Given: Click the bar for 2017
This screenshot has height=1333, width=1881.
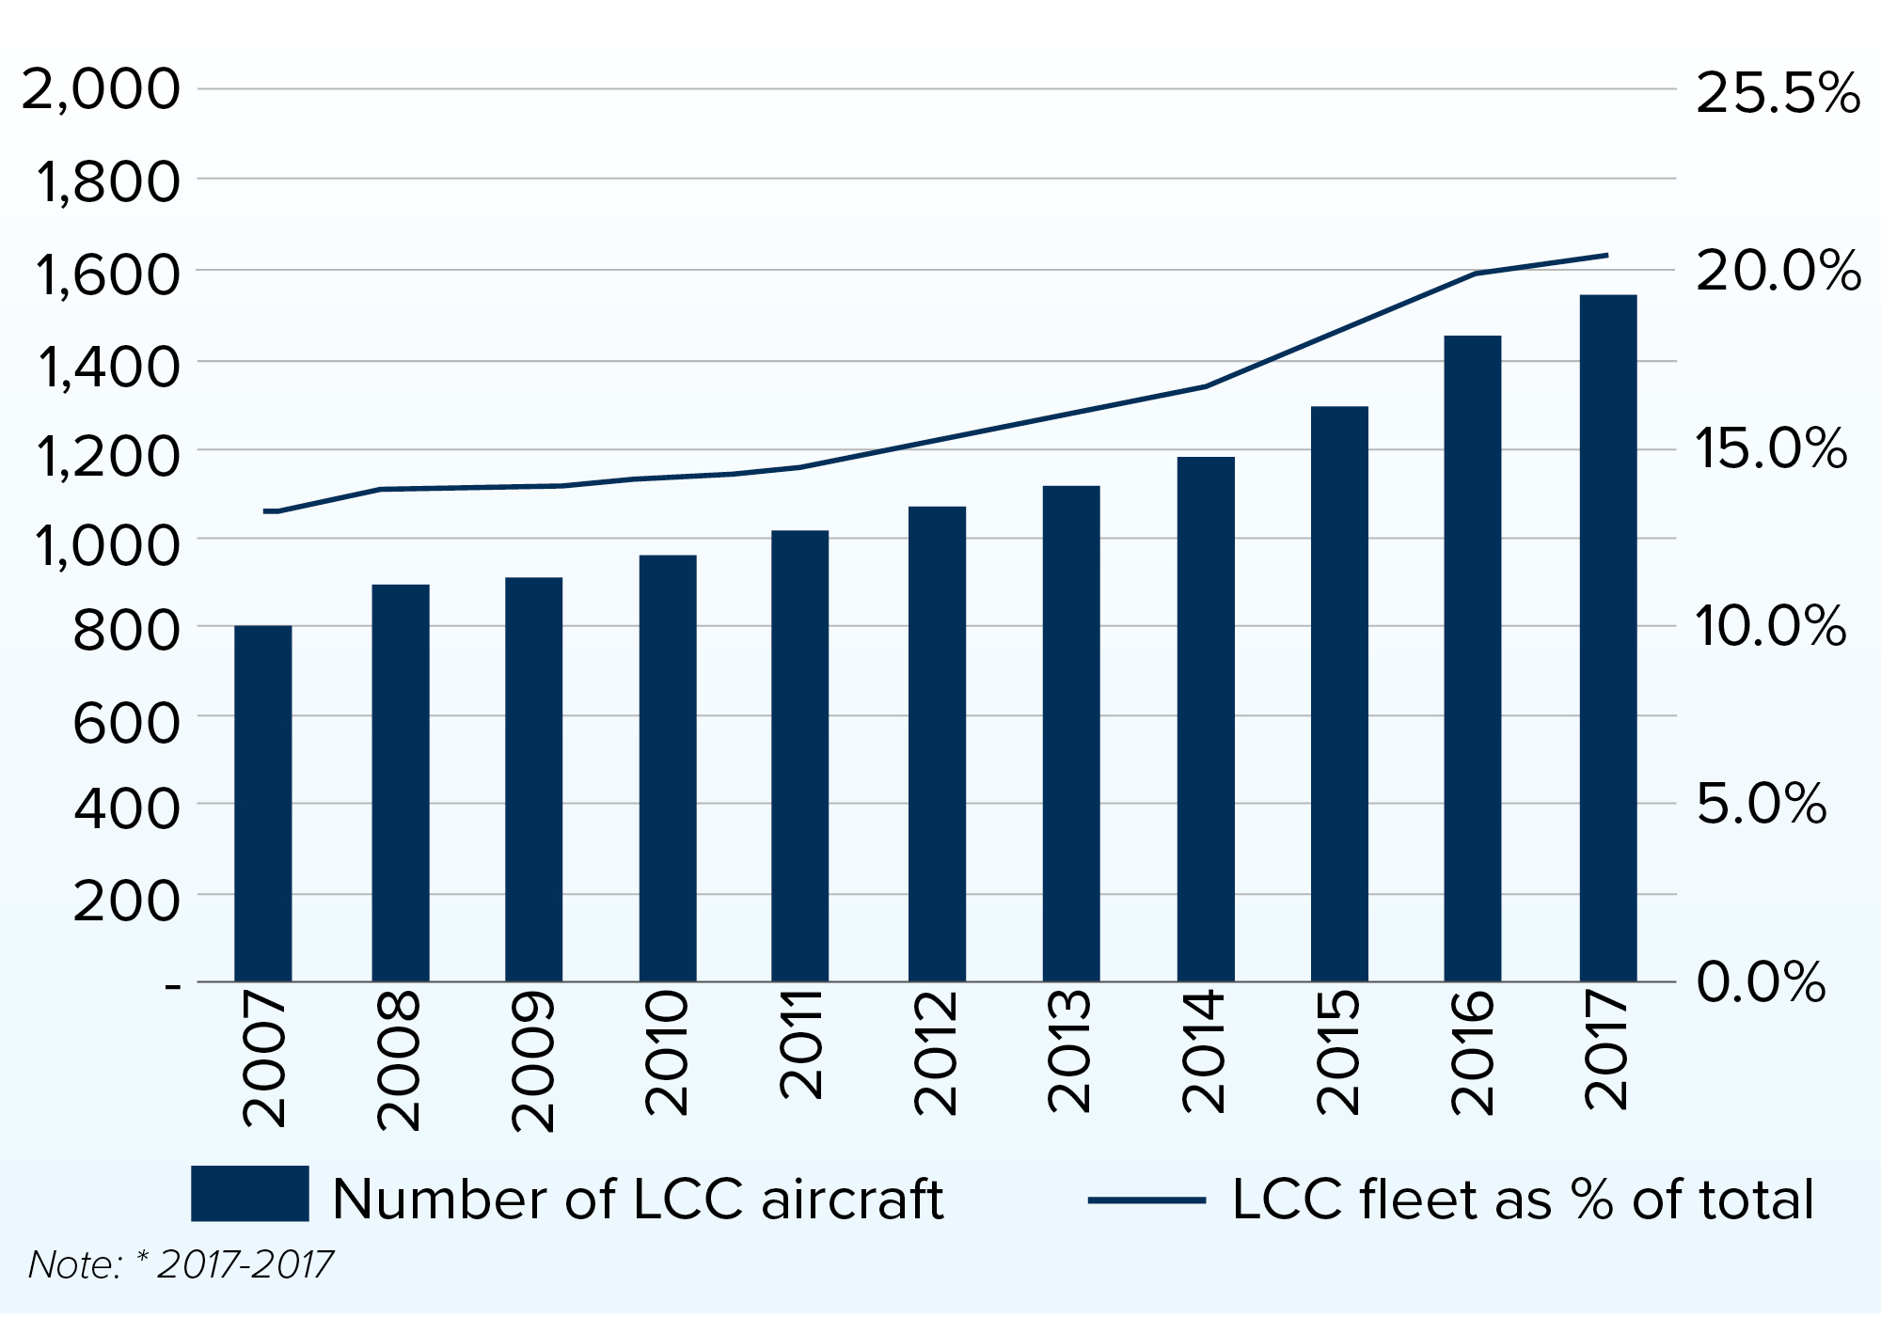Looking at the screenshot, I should point(1607,639).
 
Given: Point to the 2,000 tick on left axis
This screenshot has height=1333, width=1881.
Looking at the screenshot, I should point(100,90).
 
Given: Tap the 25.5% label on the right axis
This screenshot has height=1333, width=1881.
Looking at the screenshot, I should point(1777,94).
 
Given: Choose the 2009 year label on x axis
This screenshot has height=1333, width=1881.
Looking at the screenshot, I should point(532,1060).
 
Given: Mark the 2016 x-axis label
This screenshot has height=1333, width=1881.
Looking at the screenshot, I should point(1472,1052).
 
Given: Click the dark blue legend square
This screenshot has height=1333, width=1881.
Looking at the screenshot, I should point(249,1193).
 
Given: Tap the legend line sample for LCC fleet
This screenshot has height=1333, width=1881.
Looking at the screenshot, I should point(1146,1200).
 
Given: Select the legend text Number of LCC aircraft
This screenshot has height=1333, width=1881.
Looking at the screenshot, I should point(638,1200).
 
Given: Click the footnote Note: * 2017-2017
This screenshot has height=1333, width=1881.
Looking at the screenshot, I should point(181,1265).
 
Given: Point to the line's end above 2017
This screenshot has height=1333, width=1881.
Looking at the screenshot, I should point(1606,256).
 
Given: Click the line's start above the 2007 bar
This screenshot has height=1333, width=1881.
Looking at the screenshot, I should point(266,511).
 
